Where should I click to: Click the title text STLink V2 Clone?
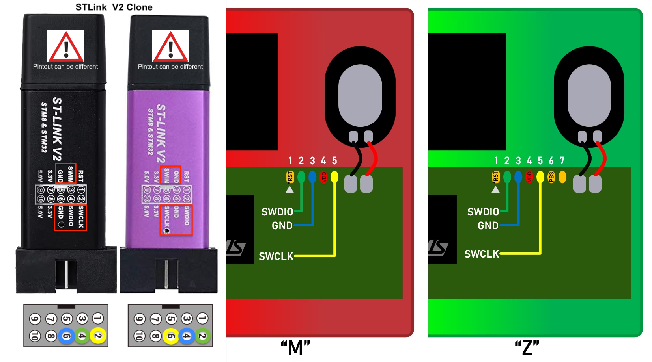point(114,7)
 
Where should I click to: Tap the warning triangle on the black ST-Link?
point(65,47)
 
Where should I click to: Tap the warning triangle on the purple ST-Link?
point(170,47)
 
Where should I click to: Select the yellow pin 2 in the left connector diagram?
point(98,336)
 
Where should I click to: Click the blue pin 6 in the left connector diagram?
point(66,336)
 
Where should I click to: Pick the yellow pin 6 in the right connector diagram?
point(171,336)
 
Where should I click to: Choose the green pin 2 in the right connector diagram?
point(202,336)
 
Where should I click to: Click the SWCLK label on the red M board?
point(276,256)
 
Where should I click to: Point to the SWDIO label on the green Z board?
point(483,212)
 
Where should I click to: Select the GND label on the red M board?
point(282,226)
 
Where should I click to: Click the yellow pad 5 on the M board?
point(334,177)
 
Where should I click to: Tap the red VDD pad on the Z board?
point(529,177)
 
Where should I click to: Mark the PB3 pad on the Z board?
point(551,177)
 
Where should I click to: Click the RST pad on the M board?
point(290,177)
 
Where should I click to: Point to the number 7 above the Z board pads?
point(562,161)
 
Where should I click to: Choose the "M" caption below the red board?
point(295,348)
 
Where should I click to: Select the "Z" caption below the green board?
point(527,348)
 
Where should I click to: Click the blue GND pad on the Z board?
point(518,177)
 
